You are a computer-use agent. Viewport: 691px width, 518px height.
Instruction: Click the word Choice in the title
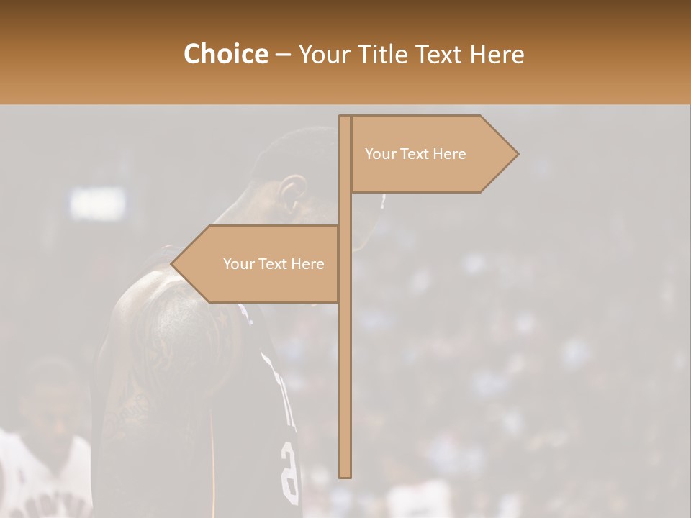225,55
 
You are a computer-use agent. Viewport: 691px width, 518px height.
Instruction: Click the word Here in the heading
497,55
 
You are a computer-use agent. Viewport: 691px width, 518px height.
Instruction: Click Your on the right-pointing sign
380,154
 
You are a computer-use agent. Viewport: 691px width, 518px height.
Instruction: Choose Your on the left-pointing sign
238,264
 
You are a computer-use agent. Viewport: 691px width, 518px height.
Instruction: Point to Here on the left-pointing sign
308,264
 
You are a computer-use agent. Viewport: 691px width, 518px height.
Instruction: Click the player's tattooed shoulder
169,317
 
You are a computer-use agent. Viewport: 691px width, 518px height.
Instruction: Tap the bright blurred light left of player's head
97,204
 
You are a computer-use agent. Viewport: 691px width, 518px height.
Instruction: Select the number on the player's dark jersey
289,471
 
